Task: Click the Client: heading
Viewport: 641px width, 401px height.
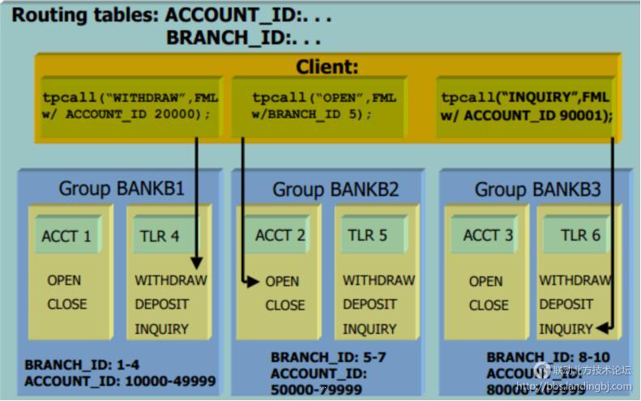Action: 327,67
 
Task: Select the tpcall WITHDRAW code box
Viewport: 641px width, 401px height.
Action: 130,106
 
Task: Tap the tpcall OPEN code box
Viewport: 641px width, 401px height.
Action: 324,106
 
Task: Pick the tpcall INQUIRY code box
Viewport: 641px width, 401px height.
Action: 526,106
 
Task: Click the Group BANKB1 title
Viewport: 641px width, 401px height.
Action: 122,189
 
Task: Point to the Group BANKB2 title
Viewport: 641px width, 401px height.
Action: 335,190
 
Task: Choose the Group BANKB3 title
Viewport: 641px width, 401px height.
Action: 537,190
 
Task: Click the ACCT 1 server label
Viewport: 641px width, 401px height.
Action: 66,237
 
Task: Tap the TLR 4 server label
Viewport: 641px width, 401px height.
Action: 160,237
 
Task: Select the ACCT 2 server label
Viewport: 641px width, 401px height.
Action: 280,236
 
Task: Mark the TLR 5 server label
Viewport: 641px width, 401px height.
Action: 368,236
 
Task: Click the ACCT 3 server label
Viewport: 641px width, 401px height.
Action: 488,236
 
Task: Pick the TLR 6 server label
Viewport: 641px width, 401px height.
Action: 580,235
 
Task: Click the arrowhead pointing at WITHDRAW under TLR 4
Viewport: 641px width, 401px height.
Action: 196,263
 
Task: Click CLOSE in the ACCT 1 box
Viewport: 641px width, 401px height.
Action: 66,305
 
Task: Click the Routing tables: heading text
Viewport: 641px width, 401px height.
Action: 84,15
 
